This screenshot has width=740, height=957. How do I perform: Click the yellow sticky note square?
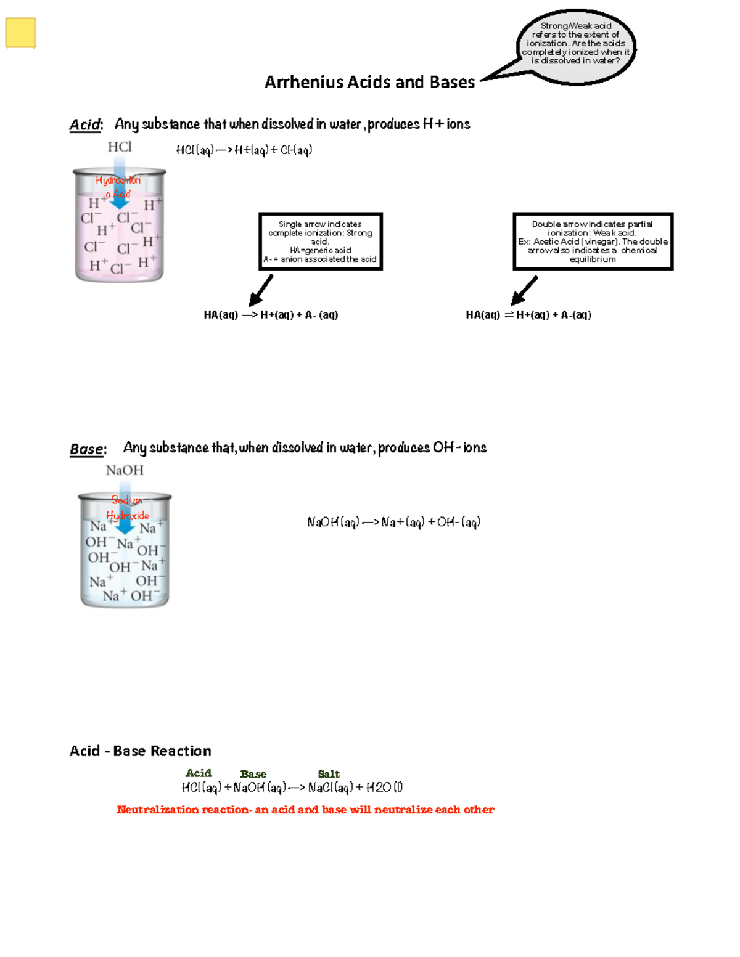pos(20,33)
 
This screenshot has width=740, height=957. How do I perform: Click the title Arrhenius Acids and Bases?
pos(369,82)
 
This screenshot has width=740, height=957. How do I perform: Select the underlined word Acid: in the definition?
pos(85,124)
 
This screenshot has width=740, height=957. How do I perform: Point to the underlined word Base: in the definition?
pos(87,449)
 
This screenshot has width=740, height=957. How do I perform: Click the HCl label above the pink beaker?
pos(119,147)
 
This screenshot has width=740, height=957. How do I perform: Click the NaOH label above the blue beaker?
pos(125,470)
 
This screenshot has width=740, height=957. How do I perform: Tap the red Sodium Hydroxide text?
pos(127,508)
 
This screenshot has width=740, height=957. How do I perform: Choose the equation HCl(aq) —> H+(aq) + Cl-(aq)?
pos(244,150)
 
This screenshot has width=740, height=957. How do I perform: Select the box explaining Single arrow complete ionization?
pos(321,242)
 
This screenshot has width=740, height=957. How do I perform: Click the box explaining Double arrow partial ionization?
pos(593,242)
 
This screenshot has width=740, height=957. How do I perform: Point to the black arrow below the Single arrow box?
pos(261,290)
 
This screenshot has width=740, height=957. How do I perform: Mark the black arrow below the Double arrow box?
pos(524,290)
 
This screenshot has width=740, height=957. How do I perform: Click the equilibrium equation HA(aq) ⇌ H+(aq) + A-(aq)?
pos(528,315)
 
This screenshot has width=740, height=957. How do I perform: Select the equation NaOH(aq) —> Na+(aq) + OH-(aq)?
pos(393,523)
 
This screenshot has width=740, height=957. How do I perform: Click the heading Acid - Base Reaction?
pos(140,751)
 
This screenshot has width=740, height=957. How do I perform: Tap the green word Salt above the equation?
pos(329,773)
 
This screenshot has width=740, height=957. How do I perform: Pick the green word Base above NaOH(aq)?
pos(253,773)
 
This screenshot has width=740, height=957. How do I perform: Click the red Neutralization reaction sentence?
pos(305,810)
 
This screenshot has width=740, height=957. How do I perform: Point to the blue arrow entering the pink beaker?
pos(120,185)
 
